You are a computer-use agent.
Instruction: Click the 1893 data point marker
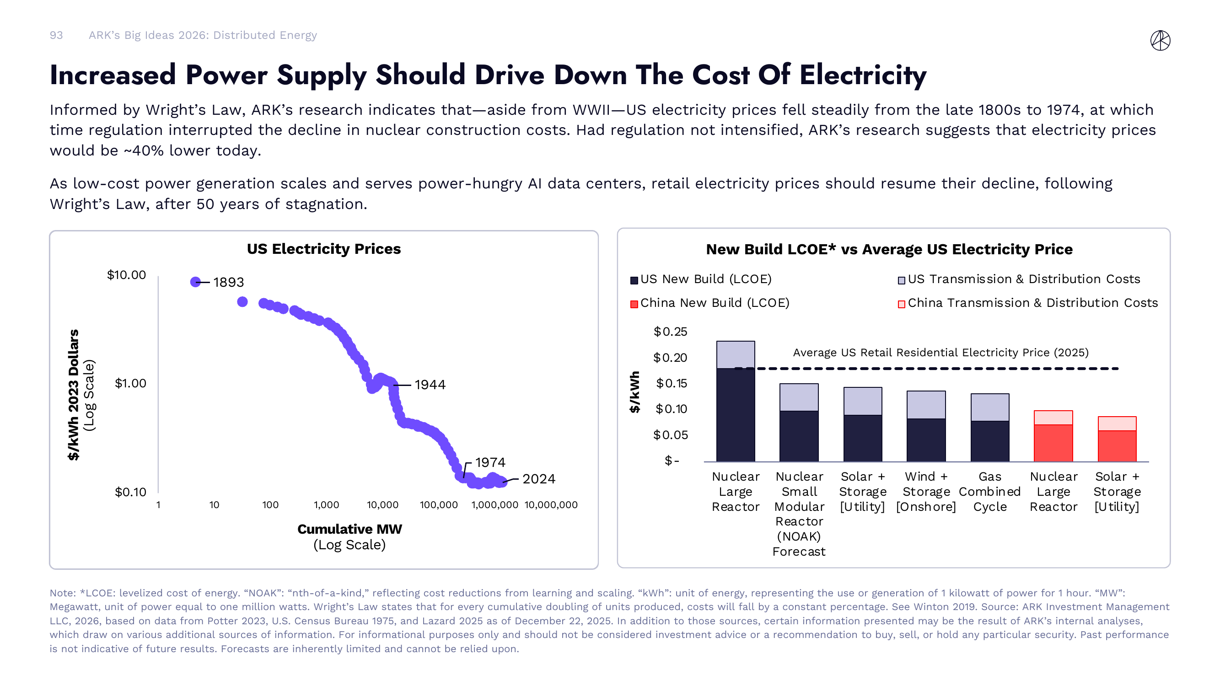pos(195,282)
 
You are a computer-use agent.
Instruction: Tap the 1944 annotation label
pos(430,385)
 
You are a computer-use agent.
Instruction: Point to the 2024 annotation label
pos(538,479)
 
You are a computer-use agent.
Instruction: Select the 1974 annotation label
pos(490,462)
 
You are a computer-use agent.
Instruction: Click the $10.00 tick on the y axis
pos(126,275)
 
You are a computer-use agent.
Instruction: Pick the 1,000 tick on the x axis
pos(326,505)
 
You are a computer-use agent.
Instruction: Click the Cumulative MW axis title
pos(349,529)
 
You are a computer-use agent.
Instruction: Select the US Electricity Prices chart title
pos(323,249)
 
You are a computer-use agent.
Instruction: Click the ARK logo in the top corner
pos(1160,40)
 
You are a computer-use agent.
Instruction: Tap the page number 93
pos(56,36)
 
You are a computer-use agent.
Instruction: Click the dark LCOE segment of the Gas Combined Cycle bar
pos(989,441)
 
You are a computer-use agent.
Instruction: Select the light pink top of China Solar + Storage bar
pos(1116,424)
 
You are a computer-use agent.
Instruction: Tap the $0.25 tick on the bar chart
pos(670,332)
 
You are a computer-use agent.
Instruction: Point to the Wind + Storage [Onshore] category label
pos(925,492)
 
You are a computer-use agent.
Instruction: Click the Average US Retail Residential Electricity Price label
pos(940,353)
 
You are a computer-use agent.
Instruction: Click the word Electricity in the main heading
pos(862,75)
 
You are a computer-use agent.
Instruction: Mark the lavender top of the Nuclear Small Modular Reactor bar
pos(799,397)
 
